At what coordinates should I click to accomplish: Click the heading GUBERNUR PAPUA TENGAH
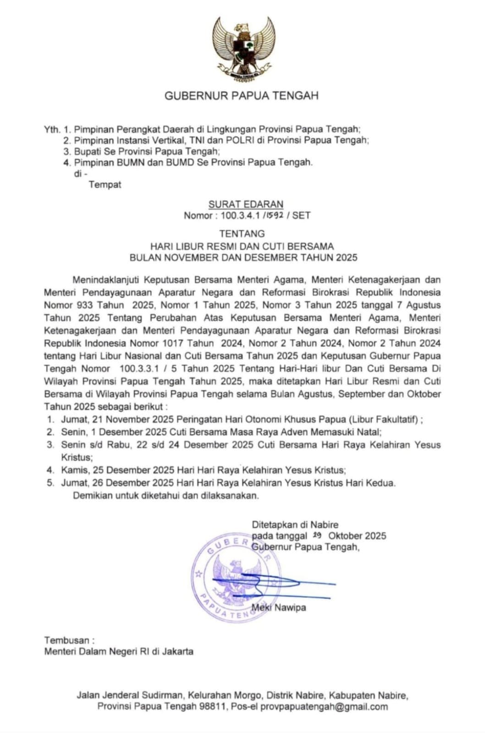pos(242,96)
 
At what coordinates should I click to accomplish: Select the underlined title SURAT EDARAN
pos(246,204)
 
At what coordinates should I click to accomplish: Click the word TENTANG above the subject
pos(242,234)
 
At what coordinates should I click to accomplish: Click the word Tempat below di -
pos(105,185)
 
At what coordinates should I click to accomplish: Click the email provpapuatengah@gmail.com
pos(324,706)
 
